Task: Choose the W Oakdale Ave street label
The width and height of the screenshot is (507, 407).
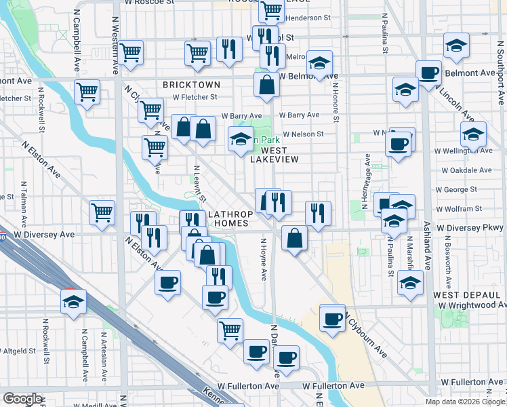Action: [464, 170]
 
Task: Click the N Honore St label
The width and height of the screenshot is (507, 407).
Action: [335, 93]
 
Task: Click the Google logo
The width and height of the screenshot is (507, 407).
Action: [22, 399]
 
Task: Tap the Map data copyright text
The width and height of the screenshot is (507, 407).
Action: [465, 402]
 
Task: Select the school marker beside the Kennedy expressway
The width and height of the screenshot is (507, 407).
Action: [74, 301]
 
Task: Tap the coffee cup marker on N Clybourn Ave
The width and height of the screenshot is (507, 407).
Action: [332, 319]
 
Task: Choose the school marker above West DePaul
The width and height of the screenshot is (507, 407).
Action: [410, 283]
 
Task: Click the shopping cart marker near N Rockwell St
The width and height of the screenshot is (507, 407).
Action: [87, 92]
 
